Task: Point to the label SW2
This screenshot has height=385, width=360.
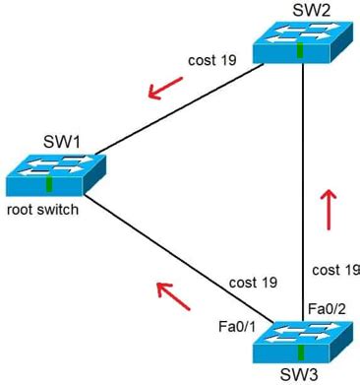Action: [x=298, y=9]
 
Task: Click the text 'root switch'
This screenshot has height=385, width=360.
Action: [x=42, y=211]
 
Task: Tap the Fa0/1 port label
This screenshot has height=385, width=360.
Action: [x=238, y=324]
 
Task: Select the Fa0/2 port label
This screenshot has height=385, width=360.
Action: [x=327, y=308]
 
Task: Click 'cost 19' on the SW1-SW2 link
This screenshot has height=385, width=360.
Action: [x=212, y=61]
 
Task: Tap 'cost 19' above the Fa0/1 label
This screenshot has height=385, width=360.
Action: [x=253, y=283]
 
